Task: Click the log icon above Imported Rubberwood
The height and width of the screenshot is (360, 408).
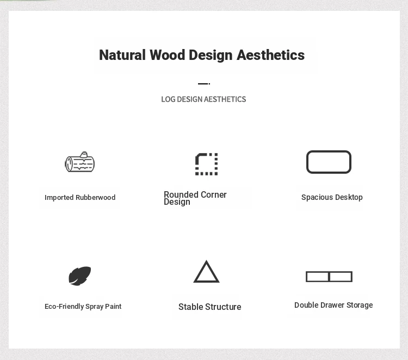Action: point(79,162)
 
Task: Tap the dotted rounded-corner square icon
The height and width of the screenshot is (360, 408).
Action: point(206,164)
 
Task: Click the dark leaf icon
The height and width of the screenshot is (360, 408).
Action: point(79,276)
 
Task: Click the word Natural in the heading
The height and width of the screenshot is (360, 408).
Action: point(122,55)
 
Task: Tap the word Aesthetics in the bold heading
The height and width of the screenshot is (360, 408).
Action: point(270,55)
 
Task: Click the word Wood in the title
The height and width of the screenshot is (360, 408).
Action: point(168,55)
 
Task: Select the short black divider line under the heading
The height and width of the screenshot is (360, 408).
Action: point(204,84)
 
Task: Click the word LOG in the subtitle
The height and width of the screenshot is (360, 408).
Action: point(168,99)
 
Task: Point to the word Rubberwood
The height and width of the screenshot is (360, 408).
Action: point(96,198)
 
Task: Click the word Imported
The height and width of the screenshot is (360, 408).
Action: point(59,198)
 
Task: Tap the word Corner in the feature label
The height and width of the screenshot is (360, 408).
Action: point(214,194)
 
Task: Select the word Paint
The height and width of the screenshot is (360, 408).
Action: point(113,306)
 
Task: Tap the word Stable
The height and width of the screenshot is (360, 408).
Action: point(190,307)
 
